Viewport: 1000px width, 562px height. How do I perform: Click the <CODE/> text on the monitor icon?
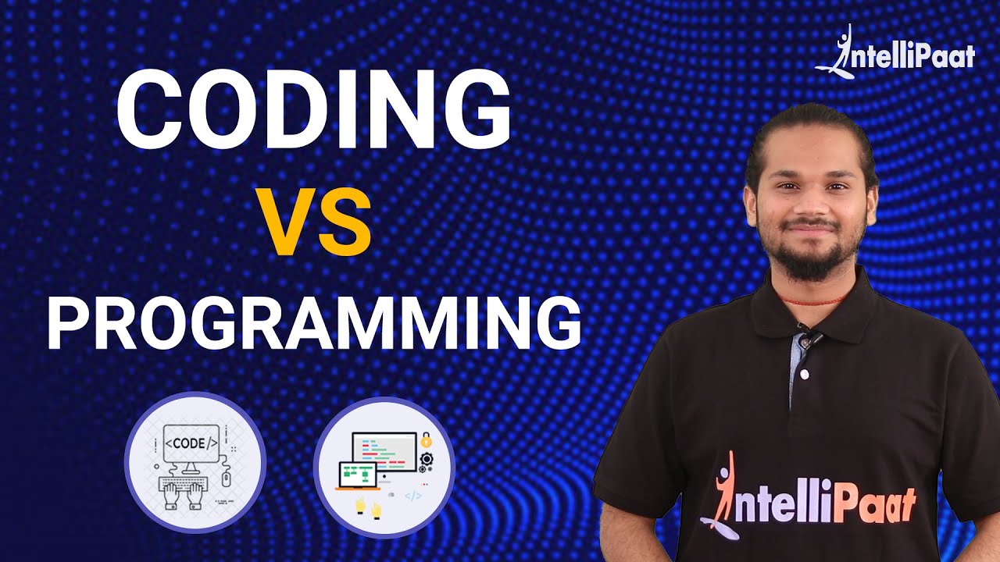(x=190, y=443)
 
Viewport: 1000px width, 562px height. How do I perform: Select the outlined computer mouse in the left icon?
(x=227, y=478)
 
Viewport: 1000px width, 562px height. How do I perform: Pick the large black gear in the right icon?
(x=427, y=459)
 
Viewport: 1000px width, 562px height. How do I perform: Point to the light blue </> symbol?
(x=413, y=495)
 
